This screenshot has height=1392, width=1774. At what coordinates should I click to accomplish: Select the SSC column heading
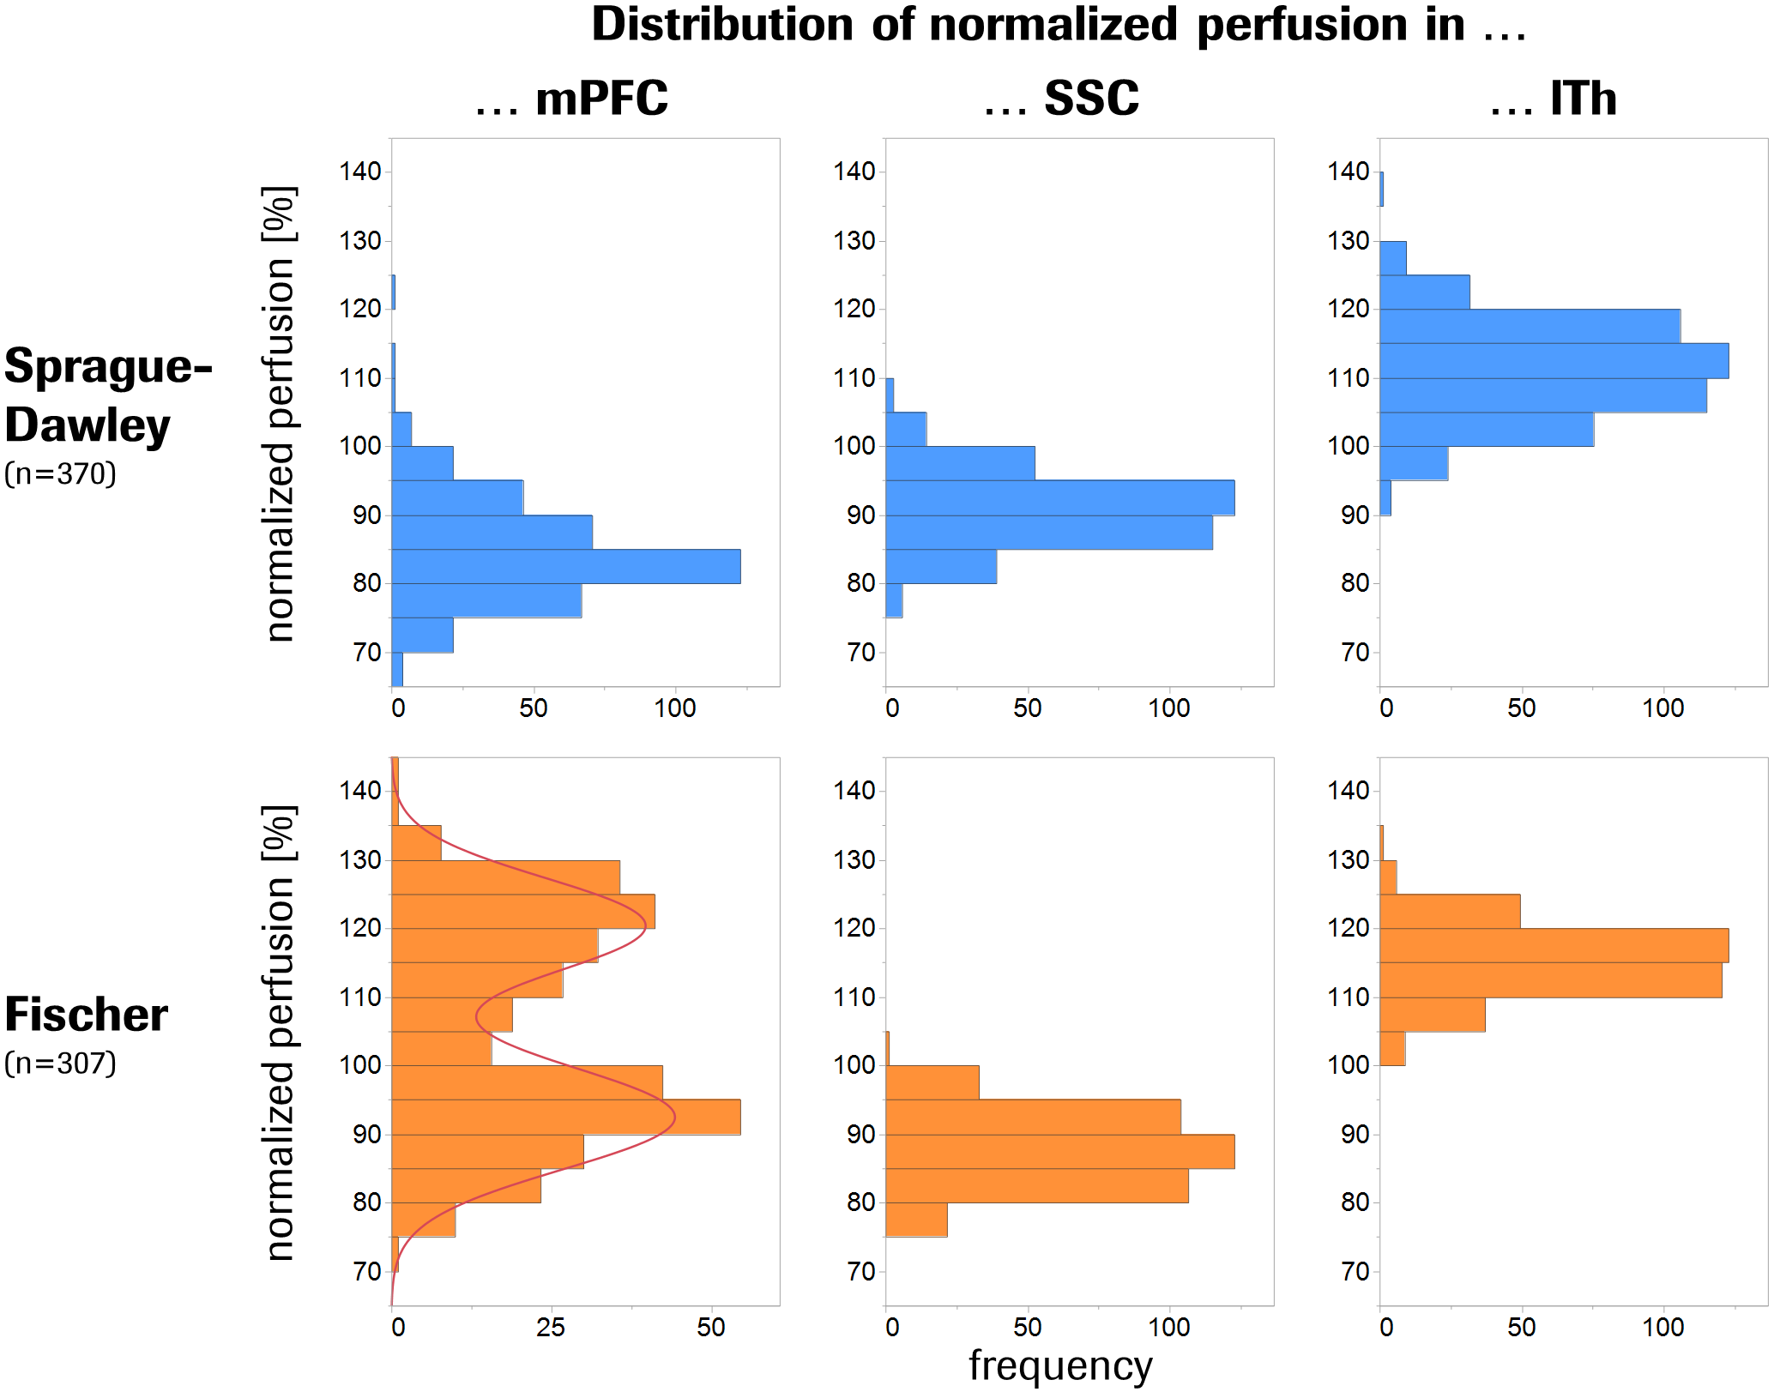1090,99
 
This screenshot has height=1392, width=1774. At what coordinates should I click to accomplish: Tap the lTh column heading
1583,99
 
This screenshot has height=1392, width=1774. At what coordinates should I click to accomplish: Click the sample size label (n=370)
60,473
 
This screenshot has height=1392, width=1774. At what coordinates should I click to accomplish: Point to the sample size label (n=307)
60,1064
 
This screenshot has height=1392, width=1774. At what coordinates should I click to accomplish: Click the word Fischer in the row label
86,1015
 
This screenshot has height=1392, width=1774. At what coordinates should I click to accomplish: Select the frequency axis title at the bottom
1060,1365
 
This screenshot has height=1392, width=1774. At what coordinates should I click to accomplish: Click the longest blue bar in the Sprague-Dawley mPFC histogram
566,566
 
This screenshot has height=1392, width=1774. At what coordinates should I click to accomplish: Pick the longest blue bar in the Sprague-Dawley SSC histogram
1060,497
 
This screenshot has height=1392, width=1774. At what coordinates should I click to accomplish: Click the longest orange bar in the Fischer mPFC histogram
566,1117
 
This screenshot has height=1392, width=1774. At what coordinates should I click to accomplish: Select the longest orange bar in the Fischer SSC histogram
1060,1151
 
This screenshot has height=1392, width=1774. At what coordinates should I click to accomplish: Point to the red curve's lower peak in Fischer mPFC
674,1117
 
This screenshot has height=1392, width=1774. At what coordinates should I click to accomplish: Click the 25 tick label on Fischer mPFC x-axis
551,1328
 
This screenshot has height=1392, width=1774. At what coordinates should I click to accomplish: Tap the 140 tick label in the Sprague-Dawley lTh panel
1349,172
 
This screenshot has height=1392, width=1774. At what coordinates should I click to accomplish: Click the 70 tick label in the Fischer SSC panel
861,1271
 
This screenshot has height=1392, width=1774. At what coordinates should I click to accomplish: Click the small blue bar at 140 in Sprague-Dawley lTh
1381,189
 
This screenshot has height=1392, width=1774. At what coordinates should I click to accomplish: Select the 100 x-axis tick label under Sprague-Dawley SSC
1168,708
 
